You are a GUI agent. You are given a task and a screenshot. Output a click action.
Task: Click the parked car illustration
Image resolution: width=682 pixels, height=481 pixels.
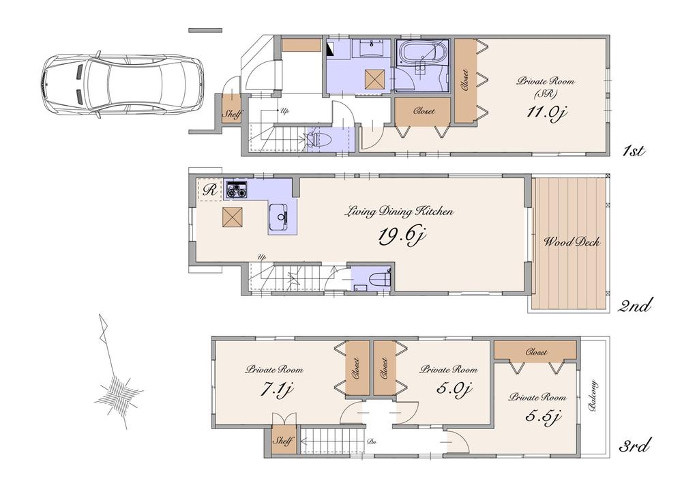point(121,84)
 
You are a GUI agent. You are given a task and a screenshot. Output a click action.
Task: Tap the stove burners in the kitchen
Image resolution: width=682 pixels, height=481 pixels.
point(237,189)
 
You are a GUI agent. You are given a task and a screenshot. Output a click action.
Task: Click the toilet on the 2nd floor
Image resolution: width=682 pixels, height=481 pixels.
point(380,279)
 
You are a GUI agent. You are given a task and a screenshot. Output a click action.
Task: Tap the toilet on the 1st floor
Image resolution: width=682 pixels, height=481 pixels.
point(318,139)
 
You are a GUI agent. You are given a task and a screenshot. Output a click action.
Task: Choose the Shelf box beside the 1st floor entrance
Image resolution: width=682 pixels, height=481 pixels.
point(232,115)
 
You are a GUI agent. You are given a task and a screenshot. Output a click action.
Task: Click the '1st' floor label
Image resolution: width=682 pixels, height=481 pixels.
point(634,150)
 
